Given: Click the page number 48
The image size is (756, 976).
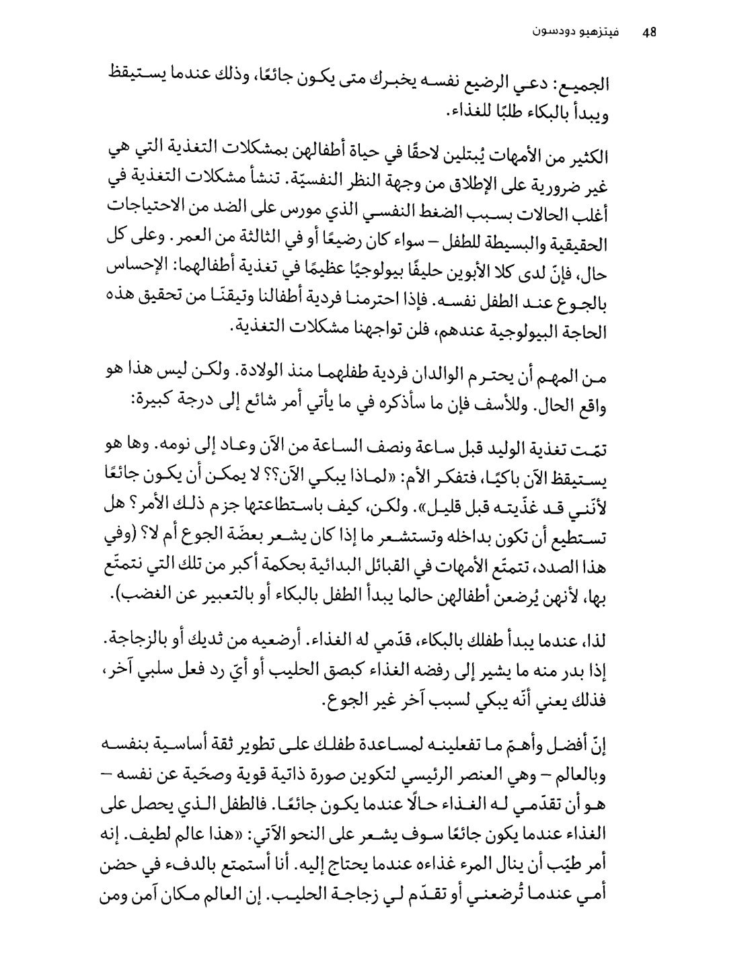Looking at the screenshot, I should (x=648, y=32).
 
